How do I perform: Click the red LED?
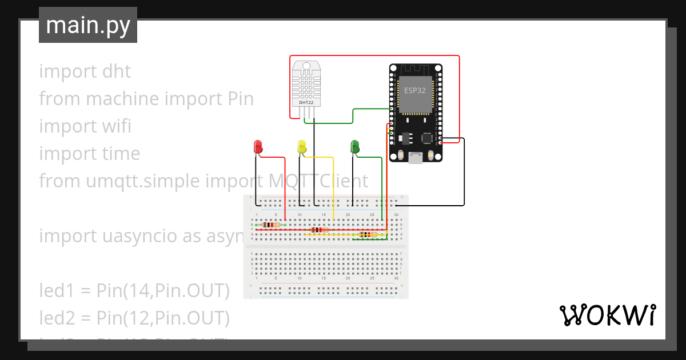(x=258, y=146)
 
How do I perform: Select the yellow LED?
(x=302, y=146)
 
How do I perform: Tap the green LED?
(x=354, y=146)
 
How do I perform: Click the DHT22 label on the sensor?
(x=306, y=102)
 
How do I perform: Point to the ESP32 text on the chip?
(x=415, y=90)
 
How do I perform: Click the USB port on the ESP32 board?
(x=416, y=158)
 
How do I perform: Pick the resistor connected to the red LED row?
(x=270, y=225)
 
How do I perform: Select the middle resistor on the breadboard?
(x=316, y=230)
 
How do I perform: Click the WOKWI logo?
(x=607, y=315)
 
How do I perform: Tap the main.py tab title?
(x=87, y=25)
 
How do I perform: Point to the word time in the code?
(x=118, y=154)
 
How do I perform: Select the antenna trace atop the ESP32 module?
(x=415, y=69)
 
